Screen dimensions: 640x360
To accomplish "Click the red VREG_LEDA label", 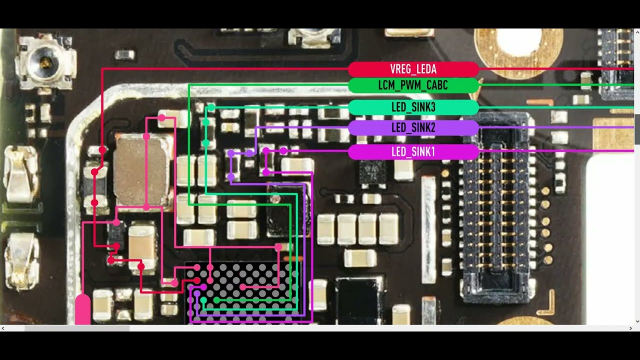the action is pyautogui.click(x=413, y=69).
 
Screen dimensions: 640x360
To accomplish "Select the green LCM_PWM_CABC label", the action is pyautogui.click(x=413, y=85).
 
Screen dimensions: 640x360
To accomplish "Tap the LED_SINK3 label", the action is pyautogui.click(x=413, y=107).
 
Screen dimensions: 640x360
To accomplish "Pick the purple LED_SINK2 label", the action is pyautogui.click(x=413, y=127).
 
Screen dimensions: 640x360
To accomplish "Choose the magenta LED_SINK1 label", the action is pyautogui.click(x=413, y=151).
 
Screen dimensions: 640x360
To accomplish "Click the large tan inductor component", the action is pyautogui.click(x=140, y=170).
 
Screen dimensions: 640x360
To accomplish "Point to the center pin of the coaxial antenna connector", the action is pyautogui.click(x=45, y=60).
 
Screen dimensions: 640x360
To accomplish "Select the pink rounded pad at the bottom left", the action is pyautogui.click(x=83, y=309).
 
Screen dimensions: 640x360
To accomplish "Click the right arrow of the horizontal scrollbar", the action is pyautogui.click(x=630, y=328).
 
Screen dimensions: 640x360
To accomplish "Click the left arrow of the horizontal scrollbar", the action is pyautogui.click(x=3, y=328).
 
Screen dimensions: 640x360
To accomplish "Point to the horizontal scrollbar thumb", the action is pyautogui.click(x=77, y=328).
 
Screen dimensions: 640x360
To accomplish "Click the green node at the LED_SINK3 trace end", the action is pyautogui.click(x=211, y=107).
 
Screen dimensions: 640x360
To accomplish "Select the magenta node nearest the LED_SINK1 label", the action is pyautogui.click(x=283, y=150).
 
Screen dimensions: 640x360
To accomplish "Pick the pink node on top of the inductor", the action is pyautogui.click(x=146, y=136).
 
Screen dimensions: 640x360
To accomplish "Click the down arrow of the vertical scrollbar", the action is pyautogui.click(x=637, y=321).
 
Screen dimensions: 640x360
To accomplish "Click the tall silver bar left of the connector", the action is pyautogui.click(x=428, y=229).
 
